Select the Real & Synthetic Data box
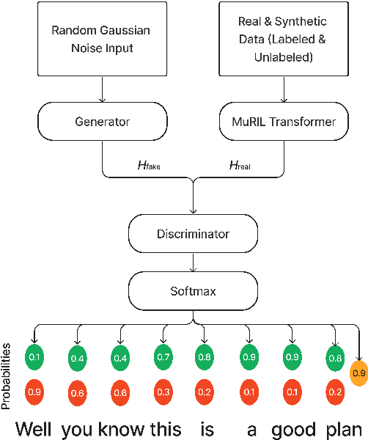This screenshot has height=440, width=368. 282,39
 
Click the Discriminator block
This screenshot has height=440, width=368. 192,234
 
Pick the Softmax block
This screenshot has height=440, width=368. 192,290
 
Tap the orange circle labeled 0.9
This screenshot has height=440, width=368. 358,373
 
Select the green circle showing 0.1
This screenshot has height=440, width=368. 34,356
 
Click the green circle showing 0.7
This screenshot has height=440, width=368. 163,356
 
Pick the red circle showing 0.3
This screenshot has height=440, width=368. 163,392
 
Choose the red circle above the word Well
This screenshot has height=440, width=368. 34,392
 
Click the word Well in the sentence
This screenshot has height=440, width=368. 34,428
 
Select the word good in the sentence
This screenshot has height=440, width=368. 292,428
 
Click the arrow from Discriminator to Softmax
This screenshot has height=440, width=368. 192,262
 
